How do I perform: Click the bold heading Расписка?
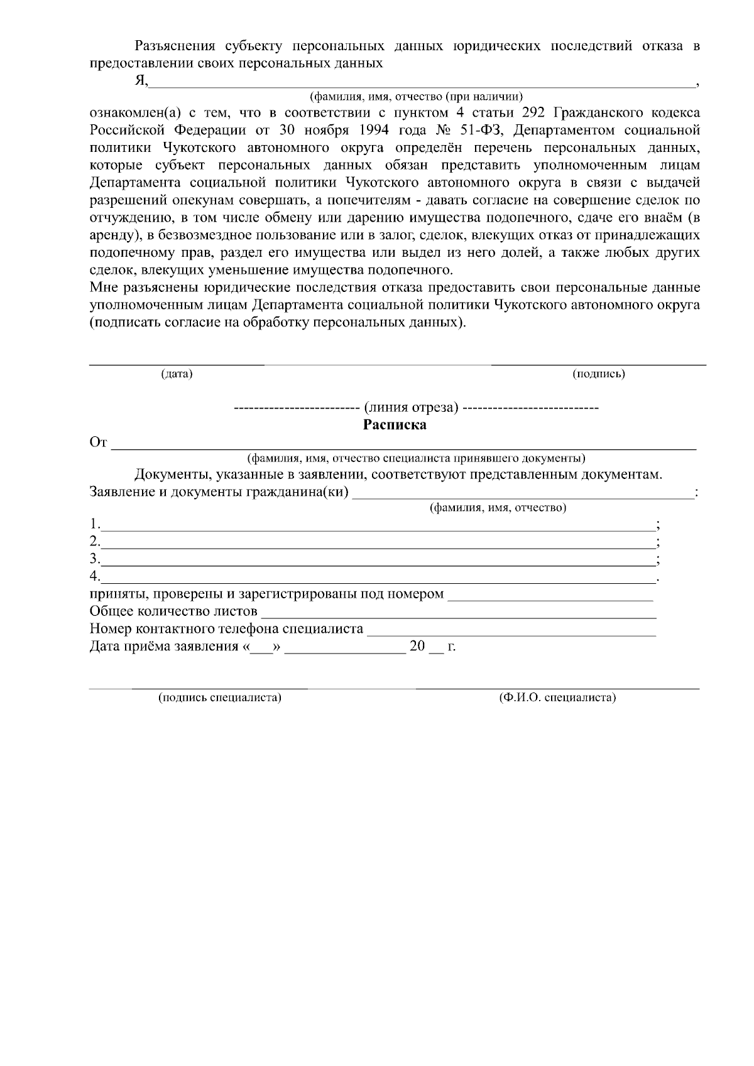pyautogui.click(x=395, y=425)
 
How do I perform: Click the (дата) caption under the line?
pyautogui.click(x=177, y=374)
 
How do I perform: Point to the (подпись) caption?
pyautogui.click(x=599, y=374)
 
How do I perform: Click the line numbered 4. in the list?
pyautogui.click(x=377, y=577)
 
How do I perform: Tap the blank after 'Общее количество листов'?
pyautogui.click(x=459, y=613)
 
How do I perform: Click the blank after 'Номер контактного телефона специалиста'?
pyautogui.click(x=511, y=630)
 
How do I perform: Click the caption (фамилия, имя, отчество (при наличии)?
pyautogui.click(x=416, y=97)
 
